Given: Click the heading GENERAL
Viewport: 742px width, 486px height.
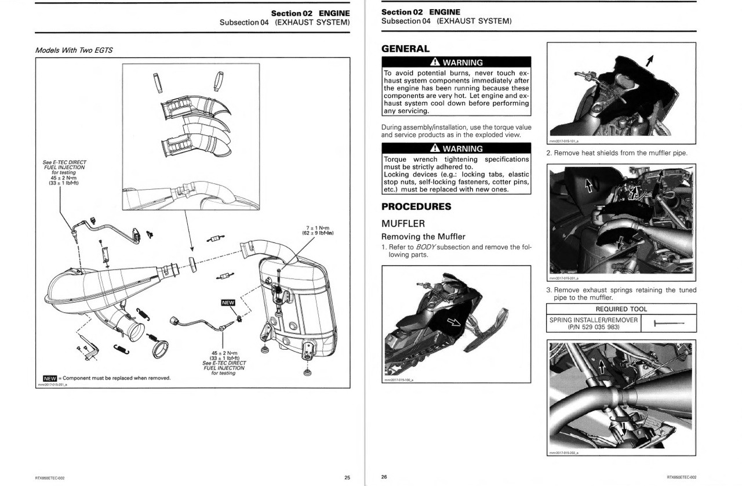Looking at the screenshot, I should click(x=405, y=49).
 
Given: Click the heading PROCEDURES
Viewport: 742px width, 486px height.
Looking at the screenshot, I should click(x=416, y=206).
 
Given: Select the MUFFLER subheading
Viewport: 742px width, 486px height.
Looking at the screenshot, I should click(x=403, y=223).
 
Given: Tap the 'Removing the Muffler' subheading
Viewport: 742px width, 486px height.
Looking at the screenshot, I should click(x=423, y=236).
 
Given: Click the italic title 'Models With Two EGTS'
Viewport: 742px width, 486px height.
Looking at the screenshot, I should click(x=74, y=50).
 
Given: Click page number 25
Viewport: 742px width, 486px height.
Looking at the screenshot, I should click(x=347, y=477).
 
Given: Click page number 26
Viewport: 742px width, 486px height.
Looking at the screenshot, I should click(x=384, y=477).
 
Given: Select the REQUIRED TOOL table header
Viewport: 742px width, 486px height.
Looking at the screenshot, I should click(x=621, y=309).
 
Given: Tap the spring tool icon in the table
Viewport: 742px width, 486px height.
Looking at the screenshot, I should click(x=668, y=324).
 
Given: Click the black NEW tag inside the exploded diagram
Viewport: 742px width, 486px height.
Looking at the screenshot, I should click(x=228, y=302).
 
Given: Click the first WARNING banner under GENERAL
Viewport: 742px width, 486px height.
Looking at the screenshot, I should click(x=456, y=63).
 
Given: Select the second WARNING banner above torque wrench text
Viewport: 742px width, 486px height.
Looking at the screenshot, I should click(x=456, y=149).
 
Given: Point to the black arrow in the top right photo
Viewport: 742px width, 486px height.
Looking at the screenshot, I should click(x=649, y=59).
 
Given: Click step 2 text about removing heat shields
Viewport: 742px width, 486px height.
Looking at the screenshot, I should click(x=616, y=153).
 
